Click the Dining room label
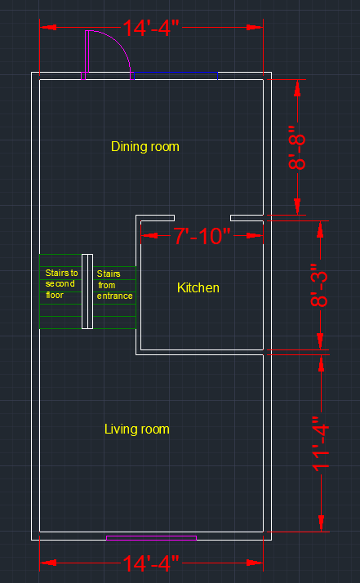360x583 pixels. [145, 146]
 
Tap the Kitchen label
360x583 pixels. [198, 287]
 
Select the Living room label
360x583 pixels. [137, 429]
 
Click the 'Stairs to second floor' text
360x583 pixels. [61, 283]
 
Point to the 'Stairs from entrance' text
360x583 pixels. [114, 285]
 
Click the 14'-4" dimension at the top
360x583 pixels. [151, 28]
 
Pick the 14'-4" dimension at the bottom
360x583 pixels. [151, 563]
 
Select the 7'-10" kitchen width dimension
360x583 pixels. [202, 236]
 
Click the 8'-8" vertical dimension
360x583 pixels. [297, 147]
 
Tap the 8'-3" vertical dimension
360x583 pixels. [319, 286]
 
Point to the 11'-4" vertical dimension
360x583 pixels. [321, 444]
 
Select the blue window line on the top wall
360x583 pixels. [176, 73]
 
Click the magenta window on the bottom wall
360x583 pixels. [151, 538]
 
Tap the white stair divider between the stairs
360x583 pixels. [87, 291]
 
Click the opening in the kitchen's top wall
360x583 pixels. [202, 218]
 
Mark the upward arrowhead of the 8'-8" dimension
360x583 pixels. [297, 87]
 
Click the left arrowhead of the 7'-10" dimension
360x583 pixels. [149, 236]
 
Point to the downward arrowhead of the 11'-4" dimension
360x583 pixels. [322, 523]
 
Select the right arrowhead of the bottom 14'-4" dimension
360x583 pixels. [255, 563]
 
